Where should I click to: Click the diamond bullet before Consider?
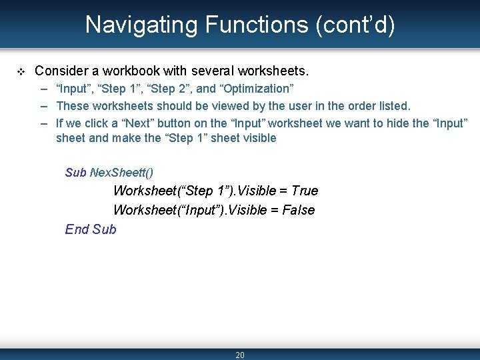click(x=21, y=71)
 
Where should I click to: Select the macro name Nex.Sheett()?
click(x=121, y=173)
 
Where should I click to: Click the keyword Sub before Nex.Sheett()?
click(x=75, y=173)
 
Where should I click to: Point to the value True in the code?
click(x=305, y=191)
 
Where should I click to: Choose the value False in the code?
click(x=299, y=210)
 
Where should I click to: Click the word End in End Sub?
click(x=77, y=229)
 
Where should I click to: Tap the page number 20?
click(x=240, y=355)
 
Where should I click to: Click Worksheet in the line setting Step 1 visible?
click(x=144, y=191)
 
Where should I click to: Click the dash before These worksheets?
click(x=44, y=105)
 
